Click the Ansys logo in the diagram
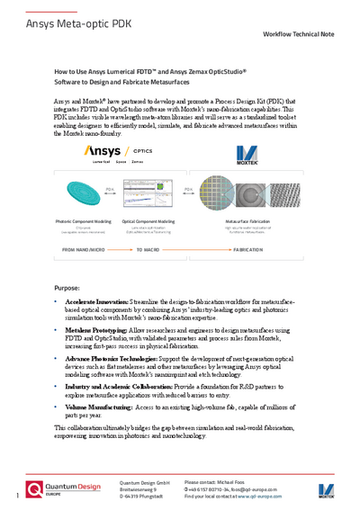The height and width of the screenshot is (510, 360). click(x=102, y=151)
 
